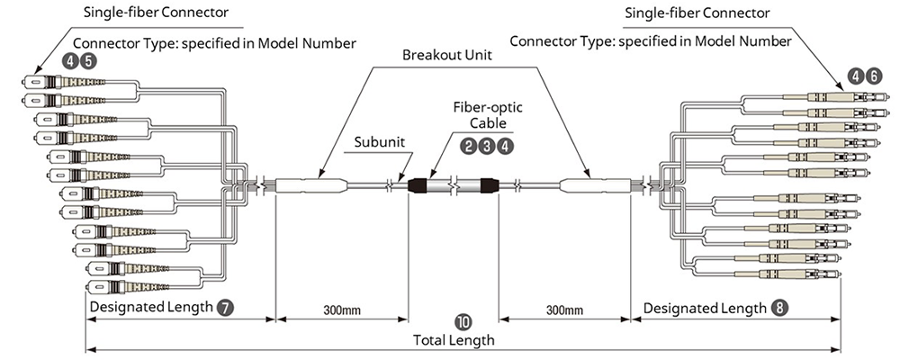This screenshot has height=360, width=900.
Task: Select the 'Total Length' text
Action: coord(454,340)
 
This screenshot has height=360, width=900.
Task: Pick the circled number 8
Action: coord(779,307)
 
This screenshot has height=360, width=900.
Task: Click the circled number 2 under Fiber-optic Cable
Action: coord(468,144)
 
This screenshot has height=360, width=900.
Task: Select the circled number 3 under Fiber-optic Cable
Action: coord(488,144)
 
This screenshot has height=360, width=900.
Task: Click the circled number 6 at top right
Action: coord(875,76)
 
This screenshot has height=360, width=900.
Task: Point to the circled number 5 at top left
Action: coord(88,61)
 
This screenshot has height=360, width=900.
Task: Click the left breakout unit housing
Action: coord(311,186)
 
